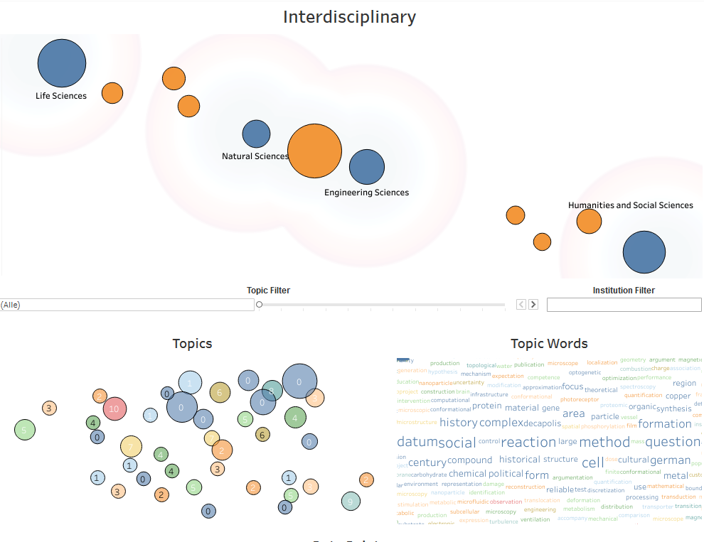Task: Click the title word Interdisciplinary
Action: click(349, 17)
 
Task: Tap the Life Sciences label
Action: click(61, 96)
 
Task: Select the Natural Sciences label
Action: click(255, 156)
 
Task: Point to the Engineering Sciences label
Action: click(366, 193)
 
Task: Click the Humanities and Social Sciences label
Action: click(630, 205)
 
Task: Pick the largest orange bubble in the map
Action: click(314, 151)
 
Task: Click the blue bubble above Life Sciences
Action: click(62, 63)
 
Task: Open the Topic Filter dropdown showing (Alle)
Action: click(127, 305)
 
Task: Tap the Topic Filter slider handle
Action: click(260, 305)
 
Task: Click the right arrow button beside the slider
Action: click(533, 305)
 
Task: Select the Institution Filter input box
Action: click(624, 305)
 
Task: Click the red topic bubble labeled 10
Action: click(114, 408)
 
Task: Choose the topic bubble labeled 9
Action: click(350, 502)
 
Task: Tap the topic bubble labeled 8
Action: click(272, 390)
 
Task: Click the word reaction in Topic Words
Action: click(528, 443)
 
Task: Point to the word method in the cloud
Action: click(604, 443)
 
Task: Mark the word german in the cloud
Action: click(670, 460)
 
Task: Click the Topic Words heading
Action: click(549, 344)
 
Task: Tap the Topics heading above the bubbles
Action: click(192, 344)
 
